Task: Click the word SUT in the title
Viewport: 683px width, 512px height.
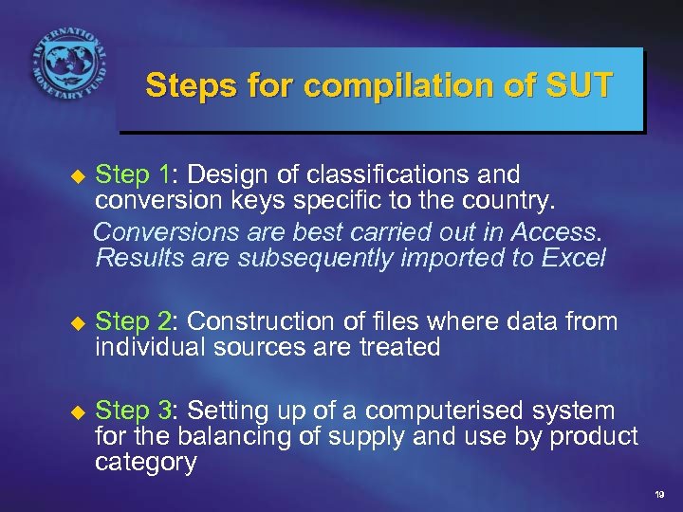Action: click(x=580, y=87)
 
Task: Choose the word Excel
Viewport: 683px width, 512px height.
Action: click(x=572, y=257)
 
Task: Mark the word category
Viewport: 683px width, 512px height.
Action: click(x=145, y=463)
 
